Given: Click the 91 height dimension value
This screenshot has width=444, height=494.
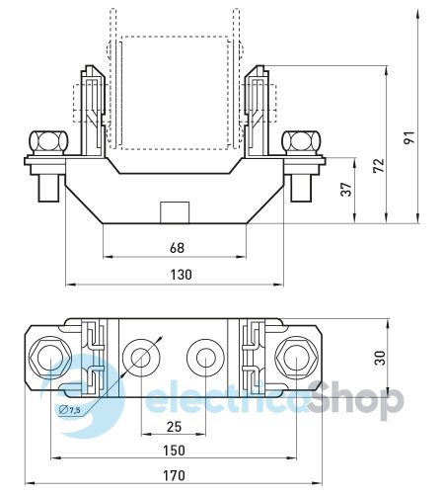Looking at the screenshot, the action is [409, 137].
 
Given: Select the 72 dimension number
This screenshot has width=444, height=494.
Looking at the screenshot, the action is [379, 165].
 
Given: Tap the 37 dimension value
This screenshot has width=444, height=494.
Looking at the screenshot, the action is [346, 190].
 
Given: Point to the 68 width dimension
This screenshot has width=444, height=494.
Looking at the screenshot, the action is [177, 248].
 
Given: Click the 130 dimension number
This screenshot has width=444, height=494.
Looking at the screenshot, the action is [181, 275].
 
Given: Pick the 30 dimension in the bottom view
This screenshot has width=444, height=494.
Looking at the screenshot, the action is [380, 358].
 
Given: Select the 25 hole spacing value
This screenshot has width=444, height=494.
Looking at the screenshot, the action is [174, 427].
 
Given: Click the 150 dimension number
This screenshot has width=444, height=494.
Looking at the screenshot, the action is [174, 451].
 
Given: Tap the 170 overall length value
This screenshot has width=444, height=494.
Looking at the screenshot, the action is [174, 475].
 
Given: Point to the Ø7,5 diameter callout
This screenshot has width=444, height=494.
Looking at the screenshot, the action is [69, 410].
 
